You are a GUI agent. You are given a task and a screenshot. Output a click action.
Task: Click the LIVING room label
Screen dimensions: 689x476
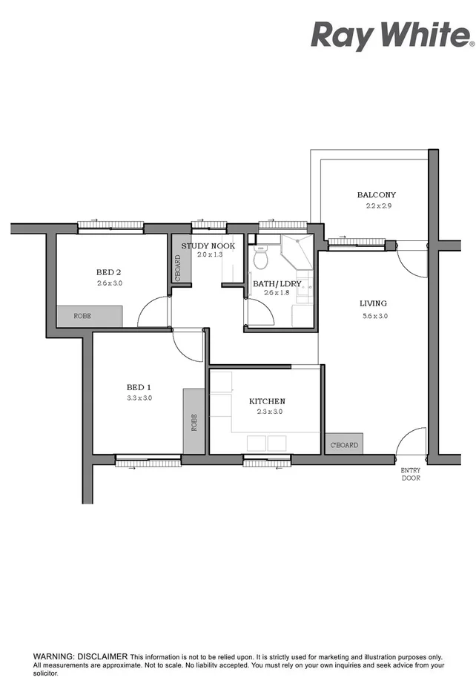click(373, 303)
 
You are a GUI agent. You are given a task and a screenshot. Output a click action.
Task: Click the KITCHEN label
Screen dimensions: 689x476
click(265, 401)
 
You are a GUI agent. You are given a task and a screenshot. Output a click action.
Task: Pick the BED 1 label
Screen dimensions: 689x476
click(139, 387)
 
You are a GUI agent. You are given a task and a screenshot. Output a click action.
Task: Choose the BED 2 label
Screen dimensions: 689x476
click(108, 271)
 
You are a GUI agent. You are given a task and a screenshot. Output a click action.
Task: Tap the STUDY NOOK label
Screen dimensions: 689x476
click(208, 245)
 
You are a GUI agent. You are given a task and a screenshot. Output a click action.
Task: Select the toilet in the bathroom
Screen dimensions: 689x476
click(260, 257)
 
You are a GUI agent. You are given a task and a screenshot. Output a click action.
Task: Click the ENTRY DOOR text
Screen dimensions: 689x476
click(411, 474)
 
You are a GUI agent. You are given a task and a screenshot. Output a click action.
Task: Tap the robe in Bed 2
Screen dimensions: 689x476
click(89, 316)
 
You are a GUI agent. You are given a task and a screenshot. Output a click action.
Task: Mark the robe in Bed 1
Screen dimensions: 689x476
click(194, 421)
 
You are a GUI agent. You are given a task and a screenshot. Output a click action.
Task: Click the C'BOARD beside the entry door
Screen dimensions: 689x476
click(344, 444)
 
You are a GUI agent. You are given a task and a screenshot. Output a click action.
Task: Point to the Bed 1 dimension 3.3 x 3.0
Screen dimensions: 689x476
click(139, 398)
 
